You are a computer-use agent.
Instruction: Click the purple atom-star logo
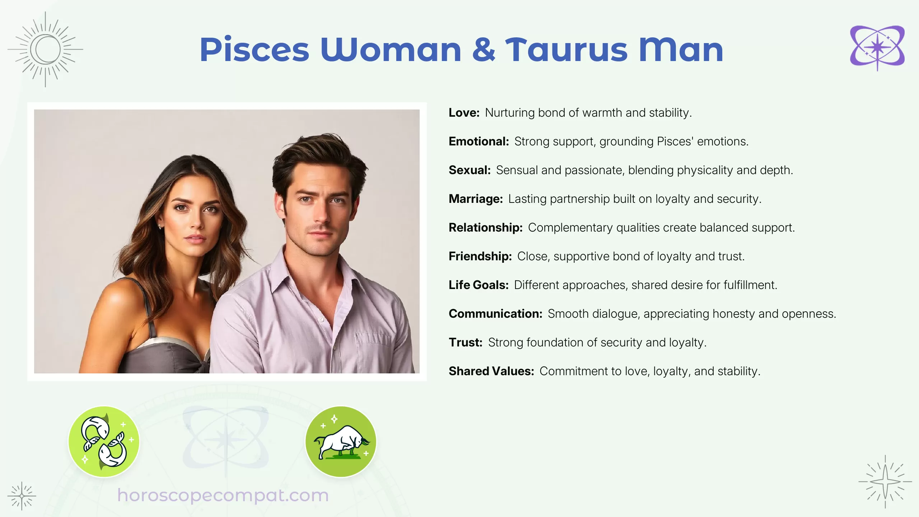[877, 48]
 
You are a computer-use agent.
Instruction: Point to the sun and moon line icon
[45, 50]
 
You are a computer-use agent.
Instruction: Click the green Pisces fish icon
[104, 441]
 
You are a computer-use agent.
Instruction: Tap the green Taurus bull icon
[341, 441]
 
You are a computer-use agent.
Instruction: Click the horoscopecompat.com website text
[223, 495]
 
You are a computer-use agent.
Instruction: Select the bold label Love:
[464, 113]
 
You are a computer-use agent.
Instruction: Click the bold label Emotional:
[479, 141]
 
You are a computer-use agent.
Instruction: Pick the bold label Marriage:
[476, 199]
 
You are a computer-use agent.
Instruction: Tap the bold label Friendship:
[480, 256]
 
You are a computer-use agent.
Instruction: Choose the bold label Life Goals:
[479, 285]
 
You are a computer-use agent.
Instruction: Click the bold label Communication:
[495, 314]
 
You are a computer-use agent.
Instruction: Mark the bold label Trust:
[465, 343]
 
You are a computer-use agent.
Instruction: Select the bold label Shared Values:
[491, 371]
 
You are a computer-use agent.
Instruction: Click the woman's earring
[159, 227]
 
